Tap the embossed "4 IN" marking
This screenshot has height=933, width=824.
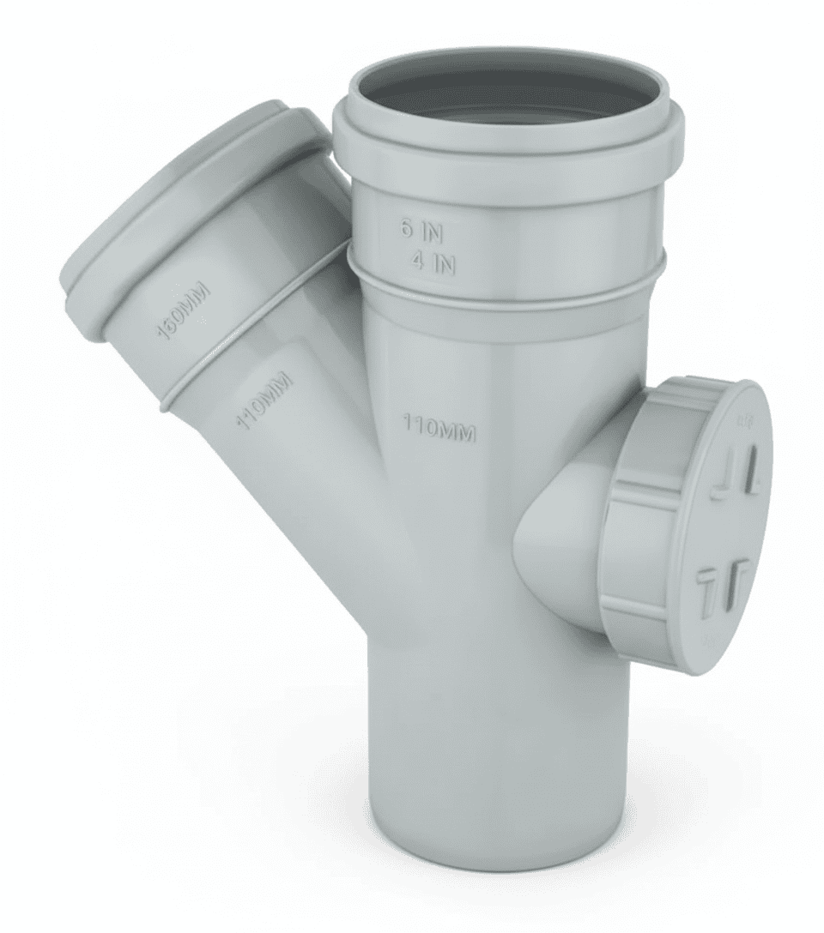(x=433, y=263)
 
